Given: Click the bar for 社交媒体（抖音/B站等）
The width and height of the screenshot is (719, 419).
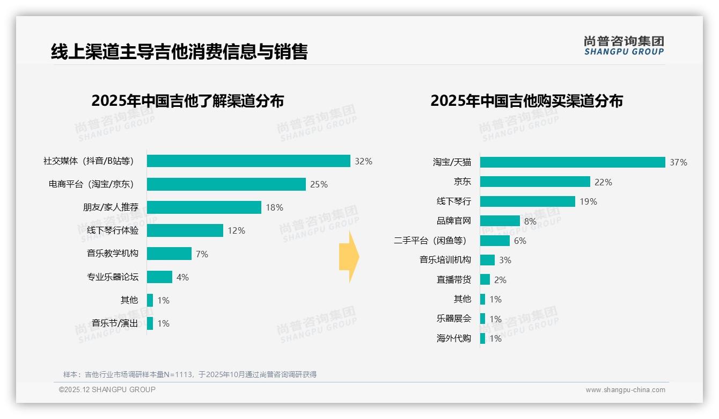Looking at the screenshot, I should click(x=248, y=161).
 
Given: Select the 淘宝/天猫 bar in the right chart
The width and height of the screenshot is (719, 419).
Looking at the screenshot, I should click(x=573, y=162).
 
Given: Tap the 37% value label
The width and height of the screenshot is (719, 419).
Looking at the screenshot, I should click(x=678, y=163).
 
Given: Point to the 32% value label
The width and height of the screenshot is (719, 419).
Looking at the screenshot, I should click(x=363, y=161).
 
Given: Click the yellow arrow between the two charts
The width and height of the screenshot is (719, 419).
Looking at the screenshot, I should click(x=349, y=257).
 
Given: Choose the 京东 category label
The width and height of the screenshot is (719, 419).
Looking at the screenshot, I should click(x=462, y=182).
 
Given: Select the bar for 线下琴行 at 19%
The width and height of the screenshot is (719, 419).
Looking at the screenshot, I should click(x=527, y=201).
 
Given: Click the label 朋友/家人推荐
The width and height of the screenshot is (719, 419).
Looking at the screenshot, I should click(x=111, y=207).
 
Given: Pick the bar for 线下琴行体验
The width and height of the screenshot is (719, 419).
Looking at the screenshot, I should click(x=185, y=230).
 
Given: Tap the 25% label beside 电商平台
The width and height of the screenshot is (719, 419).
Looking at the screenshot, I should click(x=319, y=185).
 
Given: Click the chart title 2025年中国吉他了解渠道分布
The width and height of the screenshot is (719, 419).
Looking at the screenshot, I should click(x=187, y=101).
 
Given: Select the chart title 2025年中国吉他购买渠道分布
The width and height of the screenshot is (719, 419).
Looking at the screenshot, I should click(x=526, y=101).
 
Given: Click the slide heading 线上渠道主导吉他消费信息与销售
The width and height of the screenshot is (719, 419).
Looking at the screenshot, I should click(x=179, y=52).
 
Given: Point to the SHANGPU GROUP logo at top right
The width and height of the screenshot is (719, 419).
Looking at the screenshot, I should click(x=624, y=46).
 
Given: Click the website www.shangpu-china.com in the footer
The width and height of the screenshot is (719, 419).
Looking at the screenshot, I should click(x=625, y=390).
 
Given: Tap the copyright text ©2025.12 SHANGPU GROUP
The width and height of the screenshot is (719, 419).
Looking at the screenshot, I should click(x=107, y=389).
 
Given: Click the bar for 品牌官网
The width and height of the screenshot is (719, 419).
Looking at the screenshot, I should click(x=500, y=221).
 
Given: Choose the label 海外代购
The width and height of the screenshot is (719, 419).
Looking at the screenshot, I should click(x=454, y=338).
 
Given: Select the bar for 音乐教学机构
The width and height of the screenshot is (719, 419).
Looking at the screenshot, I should click(x=169, y=254).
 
